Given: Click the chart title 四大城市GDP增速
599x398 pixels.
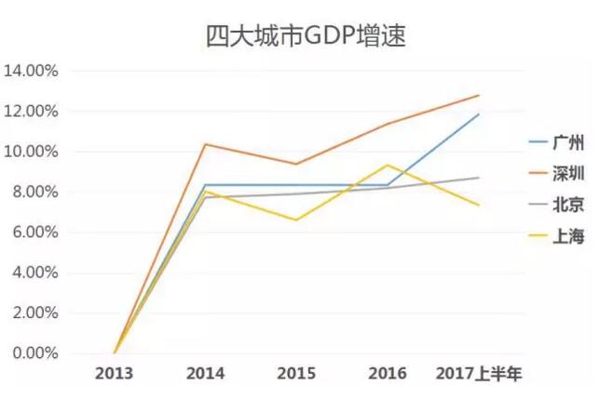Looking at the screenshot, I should click(x=299, y=35).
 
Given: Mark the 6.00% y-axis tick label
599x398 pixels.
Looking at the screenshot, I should click(x=35, y=232).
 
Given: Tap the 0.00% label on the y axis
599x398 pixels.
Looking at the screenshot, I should click(x=35, y=353).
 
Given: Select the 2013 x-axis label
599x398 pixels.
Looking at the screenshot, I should click(x=115, y=374).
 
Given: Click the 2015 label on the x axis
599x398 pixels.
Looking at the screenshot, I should click(x=296, y=374).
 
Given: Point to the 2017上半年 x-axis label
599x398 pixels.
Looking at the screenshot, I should click(x=479, y=374).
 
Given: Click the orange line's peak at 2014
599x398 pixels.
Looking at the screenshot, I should click(x=206, y=144).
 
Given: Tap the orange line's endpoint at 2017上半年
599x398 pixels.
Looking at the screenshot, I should click(x=479, y=95).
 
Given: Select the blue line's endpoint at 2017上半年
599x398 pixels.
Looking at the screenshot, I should click(x=479, y=114).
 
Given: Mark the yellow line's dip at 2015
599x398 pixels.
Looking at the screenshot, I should click(x=296, y=220).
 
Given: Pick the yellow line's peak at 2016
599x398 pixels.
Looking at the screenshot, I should click(x=388, y=165).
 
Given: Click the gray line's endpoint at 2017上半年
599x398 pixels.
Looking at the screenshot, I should click(x=479, y=178).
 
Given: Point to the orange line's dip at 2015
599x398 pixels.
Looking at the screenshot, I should click(x=296, y=164).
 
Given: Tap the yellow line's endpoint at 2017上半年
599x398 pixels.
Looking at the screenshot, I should click(x=479, y=206).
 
